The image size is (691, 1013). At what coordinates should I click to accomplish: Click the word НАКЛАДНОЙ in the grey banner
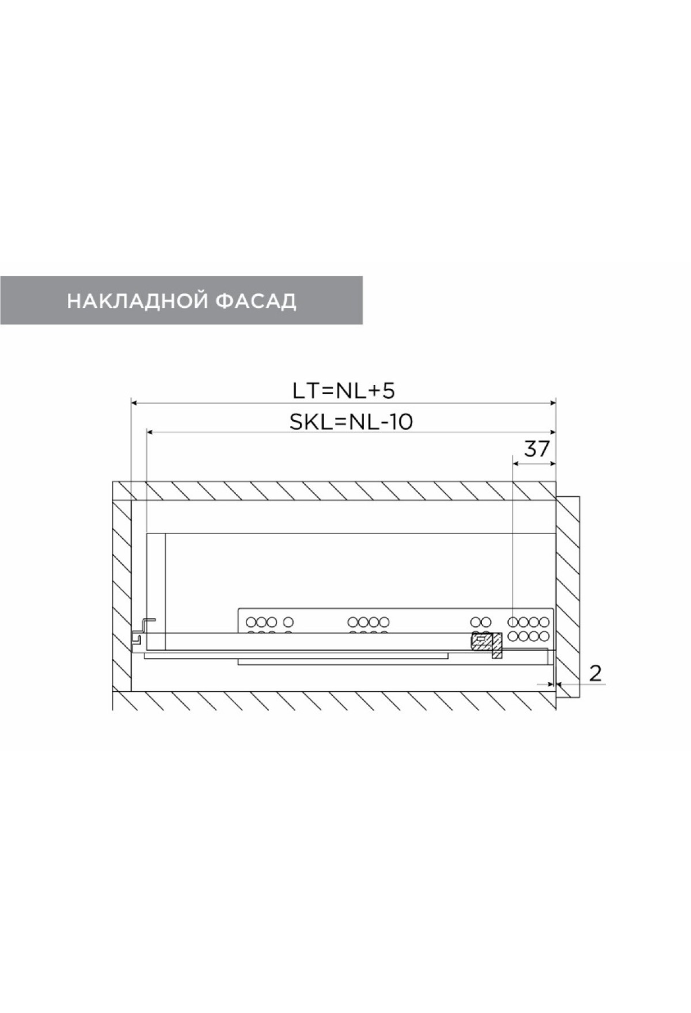137,301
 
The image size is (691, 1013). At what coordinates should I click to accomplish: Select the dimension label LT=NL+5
343,391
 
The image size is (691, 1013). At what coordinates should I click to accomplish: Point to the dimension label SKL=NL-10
351,422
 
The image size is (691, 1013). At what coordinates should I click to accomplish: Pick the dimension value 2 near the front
596,672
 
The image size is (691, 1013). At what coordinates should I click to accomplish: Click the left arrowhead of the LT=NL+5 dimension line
135,403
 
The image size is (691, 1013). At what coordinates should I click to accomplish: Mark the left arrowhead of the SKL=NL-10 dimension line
150,432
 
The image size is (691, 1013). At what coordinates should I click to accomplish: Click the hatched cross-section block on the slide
487,645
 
